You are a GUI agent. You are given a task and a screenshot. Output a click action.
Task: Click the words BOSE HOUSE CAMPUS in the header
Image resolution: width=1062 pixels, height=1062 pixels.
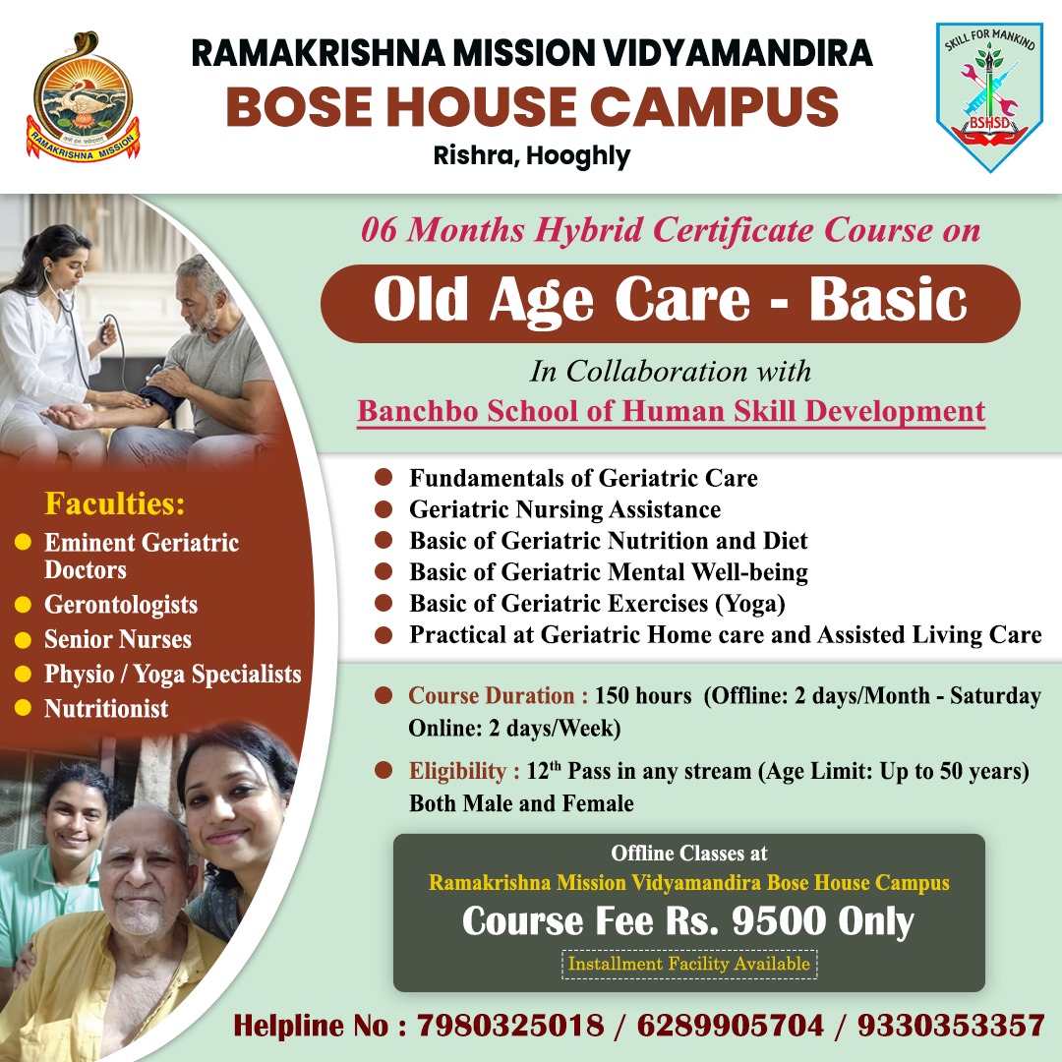532,107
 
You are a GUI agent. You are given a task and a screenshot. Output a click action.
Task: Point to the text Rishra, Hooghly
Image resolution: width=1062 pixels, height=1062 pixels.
532,155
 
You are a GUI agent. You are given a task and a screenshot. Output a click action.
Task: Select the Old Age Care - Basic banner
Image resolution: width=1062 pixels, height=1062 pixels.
670,303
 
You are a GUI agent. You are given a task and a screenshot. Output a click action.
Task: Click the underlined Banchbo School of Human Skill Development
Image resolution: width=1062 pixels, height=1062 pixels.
672,412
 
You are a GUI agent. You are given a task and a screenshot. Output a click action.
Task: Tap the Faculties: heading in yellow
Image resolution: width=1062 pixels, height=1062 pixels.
114,503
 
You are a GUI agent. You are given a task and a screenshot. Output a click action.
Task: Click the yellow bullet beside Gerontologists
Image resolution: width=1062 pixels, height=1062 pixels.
23,604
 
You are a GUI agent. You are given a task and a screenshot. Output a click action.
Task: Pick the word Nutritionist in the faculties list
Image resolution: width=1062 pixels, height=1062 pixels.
106,708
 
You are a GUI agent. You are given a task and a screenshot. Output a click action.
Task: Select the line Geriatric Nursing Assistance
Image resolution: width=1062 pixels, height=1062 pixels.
564,509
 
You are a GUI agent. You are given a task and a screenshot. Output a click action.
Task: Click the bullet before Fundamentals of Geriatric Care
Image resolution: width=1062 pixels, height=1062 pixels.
383,477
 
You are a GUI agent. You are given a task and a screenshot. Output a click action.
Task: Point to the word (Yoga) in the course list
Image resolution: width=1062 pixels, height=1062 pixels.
750,604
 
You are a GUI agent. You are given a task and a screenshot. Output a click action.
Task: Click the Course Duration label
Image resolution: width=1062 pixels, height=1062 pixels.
498,695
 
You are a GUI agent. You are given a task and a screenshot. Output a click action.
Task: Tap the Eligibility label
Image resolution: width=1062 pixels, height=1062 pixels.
464,771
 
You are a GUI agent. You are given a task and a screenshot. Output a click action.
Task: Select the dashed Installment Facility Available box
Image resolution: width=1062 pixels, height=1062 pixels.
689,964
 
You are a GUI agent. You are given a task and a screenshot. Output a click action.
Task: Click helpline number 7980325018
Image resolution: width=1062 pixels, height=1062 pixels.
510,1026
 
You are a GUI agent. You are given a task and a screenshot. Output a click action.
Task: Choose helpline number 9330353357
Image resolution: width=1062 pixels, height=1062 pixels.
951,1026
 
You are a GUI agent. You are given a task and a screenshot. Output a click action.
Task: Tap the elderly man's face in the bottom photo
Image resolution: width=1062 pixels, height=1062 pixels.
143,873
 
